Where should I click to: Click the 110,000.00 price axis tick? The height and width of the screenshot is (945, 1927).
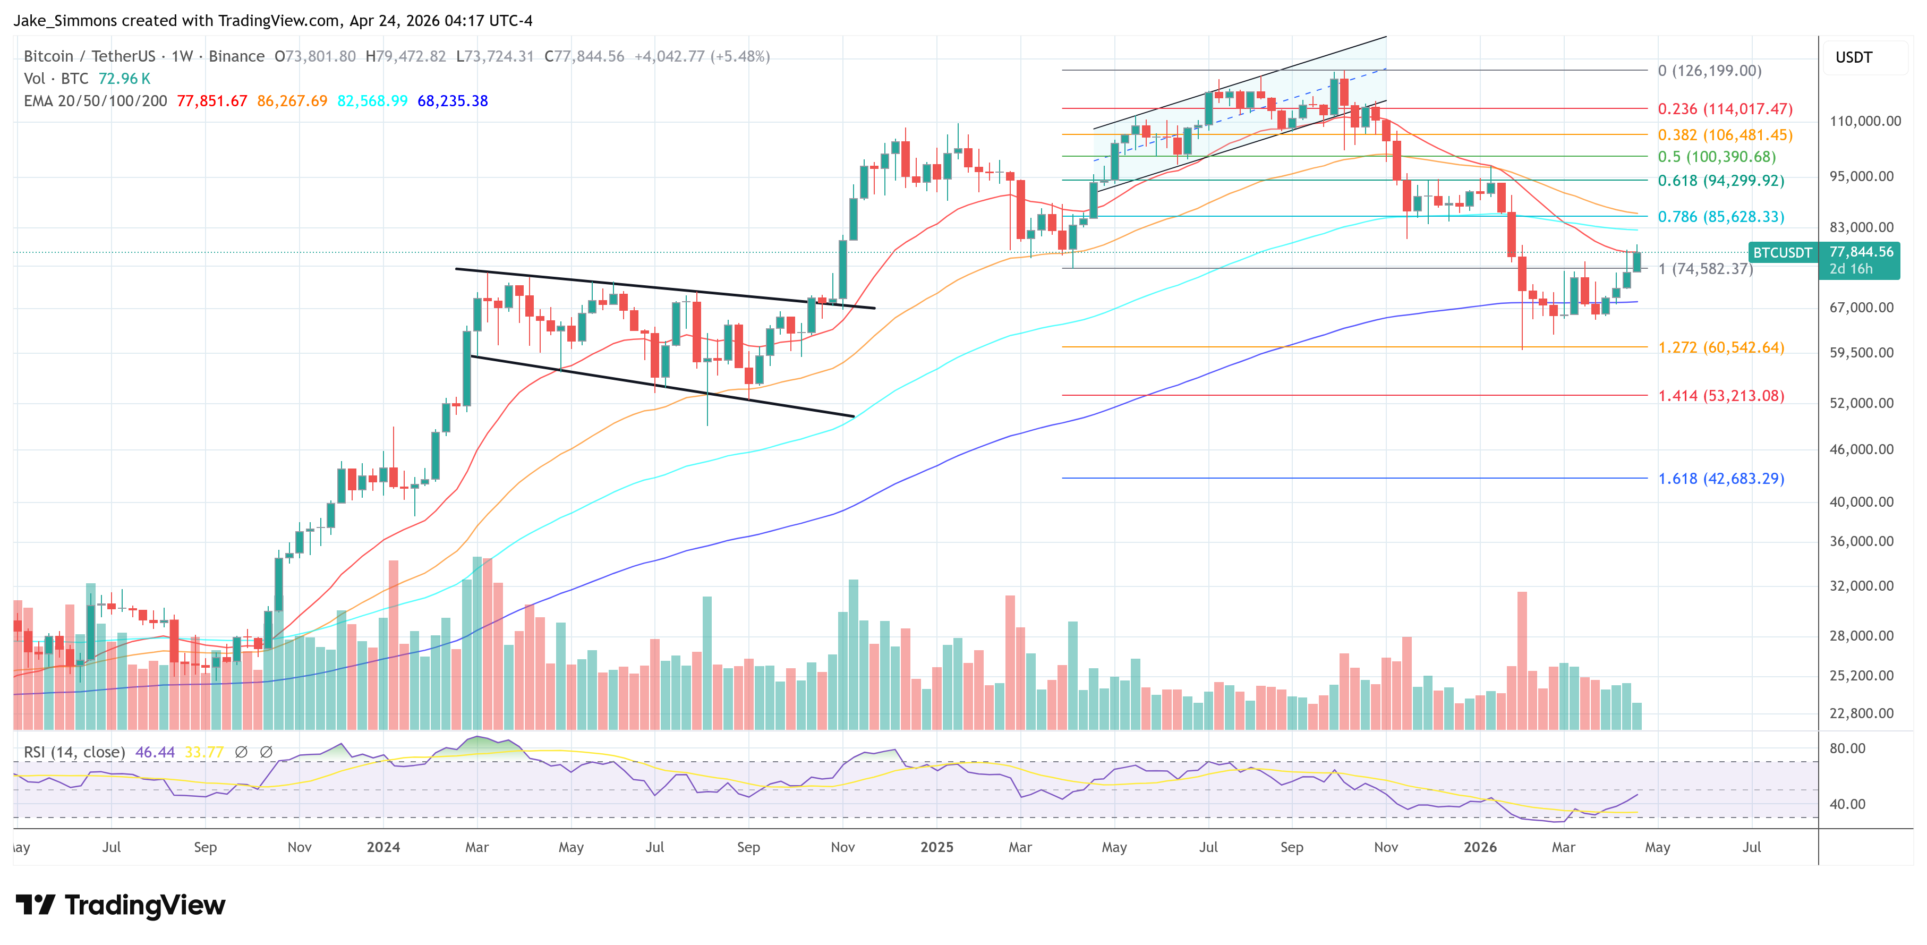pyautogui.click(x=1865, y=121)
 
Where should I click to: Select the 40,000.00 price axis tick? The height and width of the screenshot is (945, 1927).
pyautogui.click(x=1861, y=502)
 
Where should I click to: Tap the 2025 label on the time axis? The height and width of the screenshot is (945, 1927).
pyautogui.click(x=936, y=847)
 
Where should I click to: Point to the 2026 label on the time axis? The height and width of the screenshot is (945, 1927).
pyautogui.click(x=1480, y=847)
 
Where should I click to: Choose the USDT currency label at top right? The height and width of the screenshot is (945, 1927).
pyautogui.click(x=1854, y=57)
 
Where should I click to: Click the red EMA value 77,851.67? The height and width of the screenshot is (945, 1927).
pyautogui.click(x=212, y=101)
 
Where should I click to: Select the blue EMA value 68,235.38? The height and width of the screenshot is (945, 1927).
pyautogui.click(x=453, y=101)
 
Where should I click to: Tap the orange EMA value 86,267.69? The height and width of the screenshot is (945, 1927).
pyautogui.click(x=292, y=101)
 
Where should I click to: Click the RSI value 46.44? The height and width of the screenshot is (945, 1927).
pyautogui.click(x=155, y=752)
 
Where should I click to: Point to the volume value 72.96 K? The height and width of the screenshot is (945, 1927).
pyautogui.click(x=124, y=79)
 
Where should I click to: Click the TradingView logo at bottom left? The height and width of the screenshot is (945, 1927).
pyautogui.click(x=121, y=905)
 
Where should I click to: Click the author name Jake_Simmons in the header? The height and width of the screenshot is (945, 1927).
pyautogui.click(x=66, y=21)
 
